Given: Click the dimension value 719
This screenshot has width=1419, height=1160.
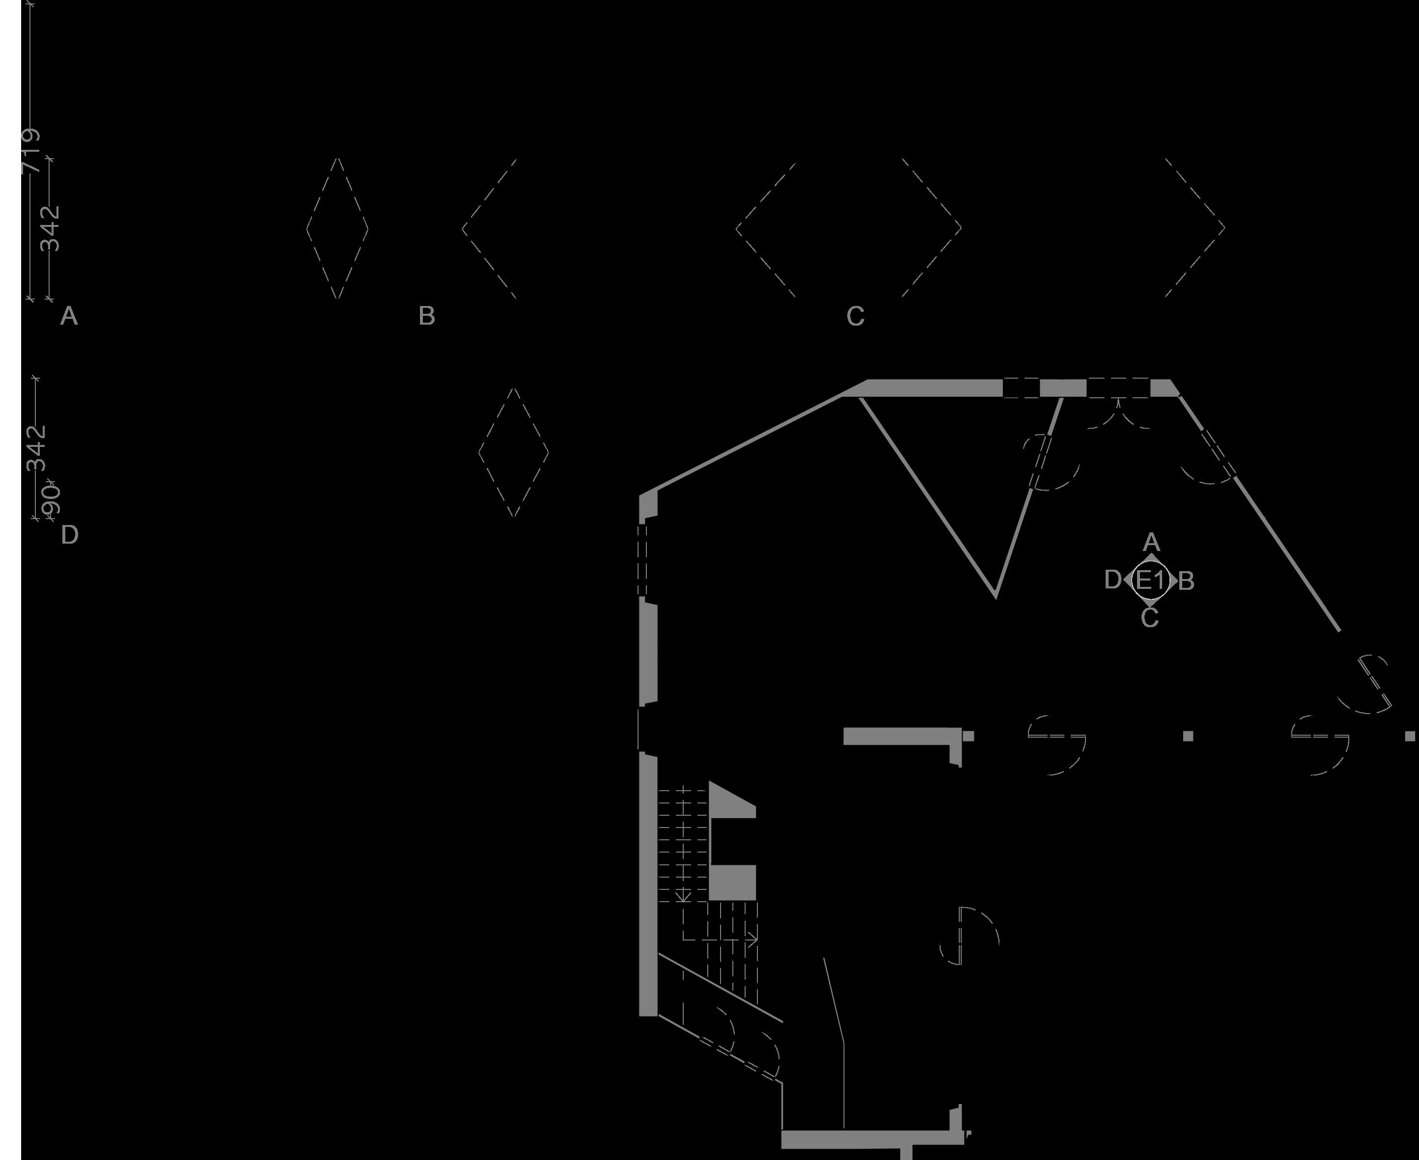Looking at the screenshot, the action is (x=31, y=151).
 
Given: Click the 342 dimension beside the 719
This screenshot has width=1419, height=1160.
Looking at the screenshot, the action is (x=51, y=228).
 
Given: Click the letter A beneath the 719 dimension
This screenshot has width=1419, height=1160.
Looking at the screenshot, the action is (x=69, y=316).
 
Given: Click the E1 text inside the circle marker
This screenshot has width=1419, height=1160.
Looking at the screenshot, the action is (x=1150, y=580).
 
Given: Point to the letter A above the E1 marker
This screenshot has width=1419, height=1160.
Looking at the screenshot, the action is (x=1151, y=542).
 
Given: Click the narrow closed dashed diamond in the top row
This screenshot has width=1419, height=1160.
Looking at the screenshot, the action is (x=337, y=228).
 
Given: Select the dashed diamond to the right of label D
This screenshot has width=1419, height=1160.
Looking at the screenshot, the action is (x=513, y=452).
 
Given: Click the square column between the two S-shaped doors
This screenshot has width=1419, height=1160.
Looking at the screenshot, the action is (x=1188, y=736).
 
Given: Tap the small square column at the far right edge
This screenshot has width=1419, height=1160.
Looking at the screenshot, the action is (x=1410, y=736).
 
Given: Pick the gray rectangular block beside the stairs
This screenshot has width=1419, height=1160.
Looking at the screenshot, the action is (x=732, y=883).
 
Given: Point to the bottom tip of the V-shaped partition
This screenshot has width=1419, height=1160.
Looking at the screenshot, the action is (x=996, y=594).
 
